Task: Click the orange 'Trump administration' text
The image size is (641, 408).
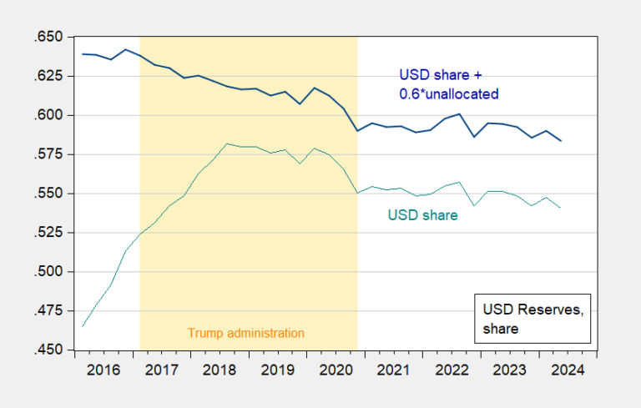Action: pyautogui.click(x=246, y=333)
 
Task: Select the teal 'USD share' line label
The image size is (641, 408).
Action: pyautogui.click(x=422, y=215)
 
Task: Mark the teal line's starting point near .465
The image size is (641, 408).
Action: pyautogui.click(x=83, y=325)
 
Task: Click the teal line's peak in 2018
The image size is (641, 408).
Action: pyautogui.click(x=226, y=144)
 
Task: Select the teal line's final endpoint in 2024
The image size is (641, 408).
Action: pyautogui.click(x=584, y=208)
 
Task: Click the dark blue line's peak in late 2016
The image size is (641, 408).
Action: pyautogui.click(x=125, y=49)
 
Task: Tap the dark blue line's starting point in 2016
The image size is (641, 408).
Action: pyautogui.click(x=83, y=54)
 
